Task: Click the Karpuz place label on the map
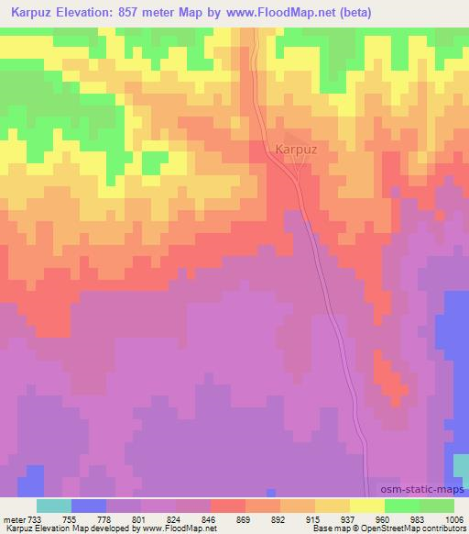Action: pos(296,148)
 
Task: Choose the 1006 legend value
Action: pos(452,518)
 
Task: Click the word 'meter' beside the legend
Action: pos(15,518)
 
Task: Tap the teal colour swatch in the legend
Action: pos(54,506)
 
